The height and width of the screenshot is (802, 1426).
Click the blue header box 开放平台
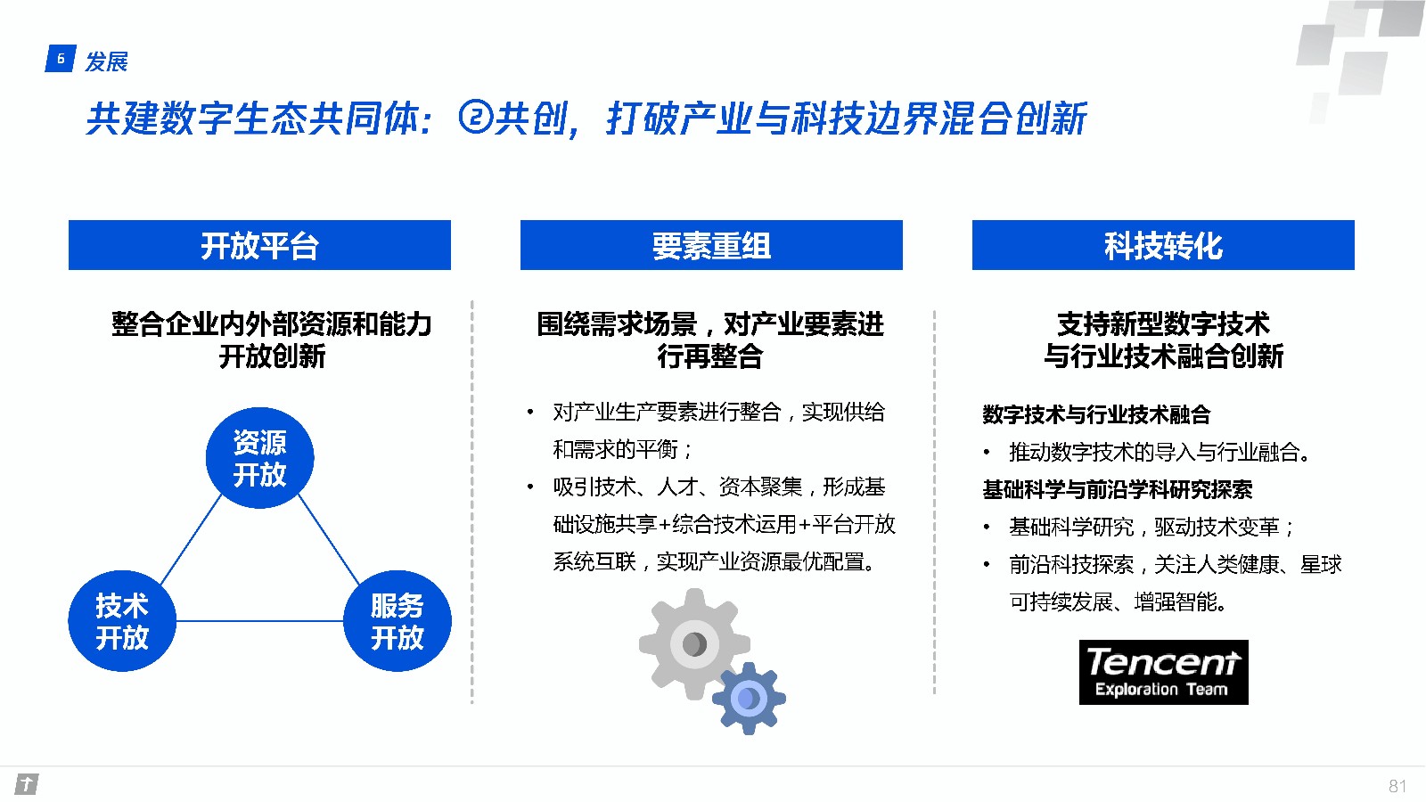(x=259, y=245)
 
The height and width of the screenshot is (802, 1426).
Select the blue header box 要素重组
(x=711, y=245)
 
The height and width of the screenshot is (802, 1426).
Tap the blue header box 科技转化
(x=1163, y=245)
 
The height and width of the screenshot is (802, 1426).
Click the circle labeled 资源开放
(x=259, y=458)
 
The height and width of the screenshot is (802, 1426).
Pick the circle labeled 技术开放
(x=122, y=620)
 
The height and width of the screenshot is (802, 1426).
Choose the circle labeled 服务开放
(x=397, y=620)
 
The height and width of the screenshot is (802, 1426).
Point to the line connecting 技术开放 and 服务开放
(x=259, y=620)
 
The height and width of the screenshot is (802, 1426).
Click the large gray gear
(x=694, y=644)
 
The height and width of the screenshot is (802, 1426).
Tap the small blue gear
(x=749, y=699)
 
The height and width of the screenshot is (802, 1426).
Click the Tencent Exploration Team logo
(x=1164, y=672)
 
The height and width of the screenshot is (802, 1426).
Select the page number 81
(x=1397, y=786)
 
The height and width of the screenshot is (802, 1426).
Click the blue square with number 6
(x=61, y=59)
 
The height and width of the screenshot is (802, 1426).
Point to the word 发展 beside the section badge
(x=106, y=61)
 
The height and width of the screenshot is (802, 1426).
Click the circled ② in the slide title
(x=476, y=118)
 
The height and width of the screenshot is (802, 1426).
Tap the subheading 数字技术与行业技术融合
(x=1096, y=414)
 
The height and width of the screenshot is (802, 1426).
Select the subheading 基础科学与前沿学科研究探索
(x=1118, y=489)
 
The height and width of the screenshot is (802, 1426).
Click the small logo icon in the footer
(x=27, y=784)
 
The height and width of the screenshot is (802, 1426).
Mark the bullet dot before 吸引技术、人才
(x=530, y=487)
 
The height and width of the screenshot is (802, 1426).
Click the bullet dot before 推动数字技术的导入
(x=987, y=453)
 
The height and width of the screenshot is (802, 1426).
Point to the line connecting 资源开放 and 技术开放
(x=191, y=540)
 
